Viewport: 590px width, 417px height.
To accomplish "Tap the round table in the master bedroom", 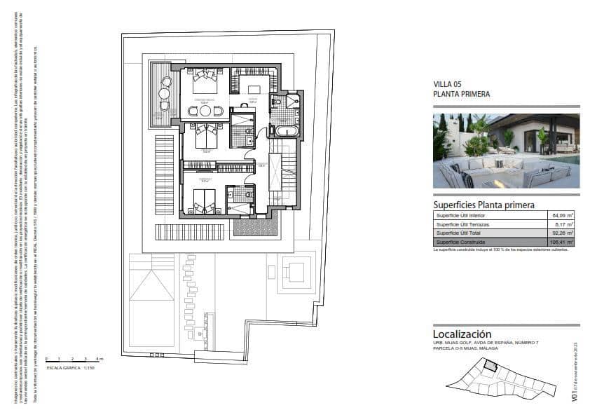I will (x=205, y=111).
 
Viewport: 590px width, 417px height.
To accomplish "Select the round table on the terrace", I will (x=165, y=93).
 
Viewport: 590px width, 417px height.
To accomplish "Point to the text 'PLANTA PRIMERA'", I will (x=462, y=94).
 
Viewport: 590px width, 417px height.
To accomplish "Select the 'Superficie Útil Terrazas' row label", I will (x=463, y=224).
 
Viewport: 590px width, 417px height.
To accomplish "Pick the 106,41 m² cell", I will (x=561, y=241).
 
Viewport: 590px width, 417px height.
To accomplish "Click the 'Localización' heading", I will (x=462, y=334).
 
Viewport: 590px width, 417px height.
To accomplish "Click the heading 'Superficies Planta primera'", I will (x=483, y=205).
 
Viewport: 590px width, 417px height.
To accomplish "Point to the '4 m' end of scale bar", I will (x=100, y=359).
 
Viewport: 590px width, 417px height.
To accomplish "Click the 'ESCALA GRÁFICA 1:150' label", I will (x=70, y=367).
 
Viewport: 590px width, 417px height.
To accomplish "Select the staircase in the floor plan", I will (x=284, y=172).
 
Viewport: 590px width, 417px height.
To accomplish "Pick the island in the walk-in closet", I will (x=254, y=89).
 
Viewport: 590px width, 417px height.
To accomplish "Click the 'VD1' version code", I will (x=575, y=396).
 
